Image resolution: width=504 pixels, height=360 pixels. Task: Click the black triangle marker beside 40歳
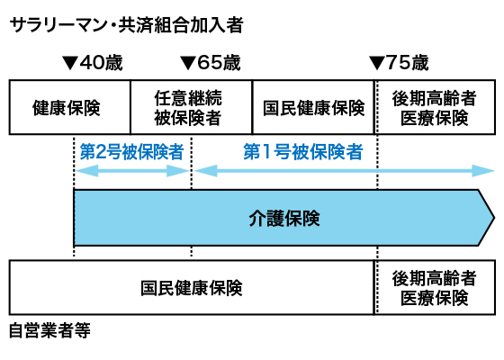click(70, 64)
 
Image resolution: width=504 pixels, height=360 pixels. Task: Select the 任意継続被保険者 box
click(190, 108)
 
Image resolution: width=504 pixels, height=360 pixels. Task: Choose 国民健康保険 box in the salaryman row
click(313, 108)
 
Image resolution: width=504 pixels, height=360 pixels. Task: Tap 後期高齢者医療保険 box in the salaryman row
click(435, 108)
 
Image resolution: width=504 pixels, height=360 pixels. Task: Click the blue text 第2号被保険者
click(131, 151)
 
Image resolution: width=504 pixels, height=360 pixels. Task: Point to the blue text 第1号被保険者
click(303, 151)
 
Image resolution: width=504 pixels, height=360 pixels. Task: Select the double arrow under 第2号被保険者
click(131, 168)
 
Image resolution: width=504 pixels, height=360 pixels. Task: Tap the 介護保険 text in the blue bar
click(283, 218)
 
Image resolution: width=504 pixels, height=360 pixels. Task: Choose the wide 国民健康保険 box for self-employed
click(192, 288)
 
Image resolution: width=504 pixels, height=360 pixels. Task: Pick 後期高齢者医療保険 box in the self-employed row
click(435, 288)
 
